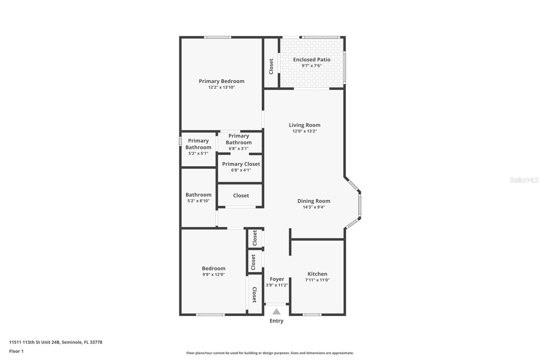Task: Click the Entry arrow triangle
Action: point(276,312)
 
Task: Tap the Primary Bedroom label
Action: point(221,81)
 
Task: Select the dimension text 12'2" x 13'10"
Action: point(221,87)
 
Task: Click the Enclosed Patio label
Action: point(312,59)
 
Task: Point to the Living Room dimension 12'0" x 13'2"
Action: point(304,131)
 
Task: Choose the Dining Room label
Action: point(314,201)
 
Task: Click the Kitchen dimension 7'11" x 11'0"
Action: point(317,280)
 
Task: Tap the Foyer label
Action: point(277,279)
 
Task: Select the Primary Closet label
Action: point(241,164)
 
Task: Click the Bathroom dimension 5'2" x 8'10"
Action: point(198,201)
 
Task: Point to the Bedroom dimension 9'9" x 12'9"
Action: point(213,275)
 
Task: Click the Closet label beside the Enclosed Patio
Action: point(271,67)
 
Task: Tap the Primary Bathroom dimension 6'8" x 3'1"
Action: point(239,149)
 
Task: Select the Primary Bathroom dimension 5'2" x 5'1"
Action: point(198,153)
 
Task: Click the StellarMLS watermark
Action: point(524,180)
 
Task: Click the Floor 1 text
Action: point(16,351)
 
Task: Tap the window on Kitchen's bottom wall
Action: point(312,315)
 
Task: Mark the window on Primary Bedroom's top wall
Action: point(217,37)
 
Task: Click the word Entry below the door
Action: point(276,321)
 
